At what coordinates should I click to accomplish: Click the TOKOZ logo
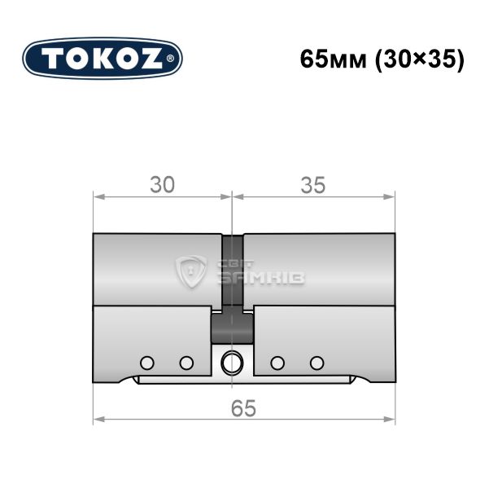[x=103, y=59]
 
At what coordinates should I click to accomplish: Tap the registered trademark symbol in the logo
[x=169, y=59]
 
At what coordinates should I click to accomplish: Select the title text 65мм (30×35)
[x=382, y=59]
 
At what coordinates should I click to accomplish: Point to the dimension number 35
[x=313, y=185]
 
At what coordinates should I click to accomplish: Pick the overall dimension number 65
[x=243, y=408]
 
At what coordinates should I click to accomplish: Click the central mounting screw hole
[x=232, y=362]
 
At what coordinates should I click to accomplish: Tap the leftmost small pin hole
[x=147, y=363]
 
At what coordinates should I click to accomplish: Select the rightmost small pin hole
[x=317, y=363]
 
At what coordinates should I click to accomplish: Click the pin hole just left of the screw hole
[x=186, y=363]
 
